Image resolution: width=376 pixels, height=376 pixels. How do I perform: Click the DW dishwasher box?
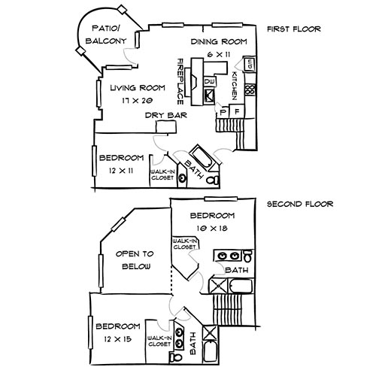click(x=210, y=80)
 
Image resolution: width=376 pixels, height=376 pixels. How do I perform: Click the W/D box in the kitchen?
click(x=252, y=64)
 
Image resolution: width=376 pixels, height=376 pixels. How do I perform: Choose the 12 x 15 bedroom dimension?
click(x=118, y=338)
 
